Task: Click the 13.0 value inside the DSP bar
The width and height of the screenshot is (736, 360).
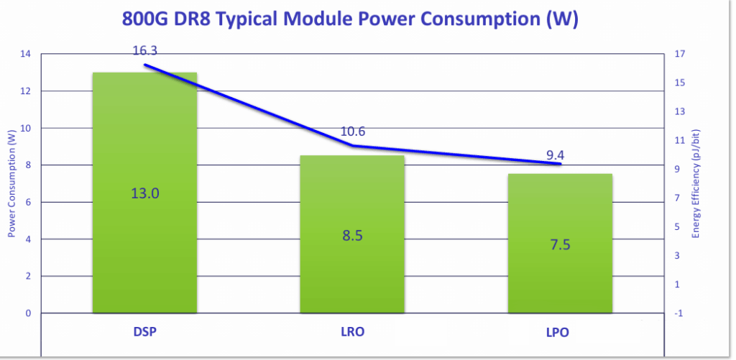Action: [x=144, y=193]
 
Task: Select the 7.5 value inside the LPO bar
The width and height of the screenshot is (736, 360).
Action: [x=560, y=244]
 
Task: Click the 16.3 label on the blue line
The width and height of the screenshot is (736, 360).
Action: [x=146, y=51]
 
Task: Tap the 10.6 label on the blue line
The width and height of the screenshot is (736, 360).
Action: [x=353, y=131]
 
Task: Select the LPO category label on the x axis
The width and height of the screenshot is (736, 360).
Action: [x=560, y=334]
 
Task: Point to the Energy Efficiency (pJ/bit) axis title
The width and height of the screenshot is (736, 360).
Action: [x=696, y=184]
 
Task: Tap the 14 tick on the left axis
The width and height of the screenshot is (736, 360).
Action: [x=25, y=54]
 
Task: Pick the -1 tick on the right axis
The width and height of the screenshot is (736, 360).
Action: [x=679, y=313]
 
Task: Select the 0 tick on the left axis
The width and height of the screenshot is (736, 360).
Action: [x=28, y=313]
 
